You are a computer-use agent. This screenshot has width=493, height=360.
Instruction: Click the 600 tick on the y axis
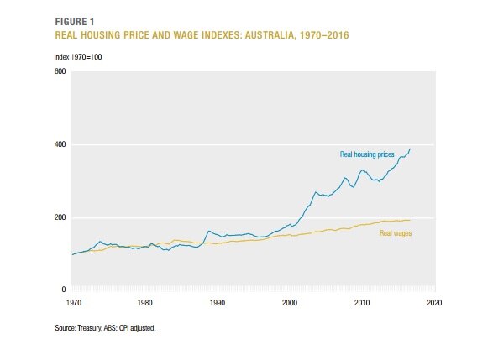pos(60,72)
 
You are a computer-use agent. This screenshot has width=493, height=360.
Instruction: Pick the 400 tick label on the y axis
pos(60,145)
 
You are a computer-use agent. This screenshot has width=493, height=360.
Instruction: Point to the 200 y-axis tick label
pos(60,218)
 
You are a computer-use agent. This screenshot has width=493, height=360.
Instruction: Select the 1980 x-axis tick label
pos(144,301)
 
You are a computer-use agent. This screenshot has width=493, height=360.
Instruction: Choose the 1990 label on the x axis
pos(217,301)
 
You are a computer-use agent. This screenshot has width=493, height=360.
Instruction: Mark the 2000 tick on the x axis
pos(290,301)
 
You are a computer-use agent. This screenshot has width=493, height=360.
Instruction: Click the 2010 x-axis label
pos(362,301)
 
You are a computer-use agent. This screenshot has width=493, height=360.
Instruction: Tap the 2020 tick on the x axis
pos(434,301)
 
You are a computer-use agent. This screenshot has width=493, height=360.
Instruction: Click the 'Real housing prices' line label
pos(366,154)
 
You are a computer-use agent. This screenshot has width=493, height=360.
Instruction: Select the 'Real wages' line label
pos(396,232)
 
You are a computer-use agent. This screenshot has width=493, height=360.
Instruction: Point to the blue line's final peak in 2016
pos(410,149)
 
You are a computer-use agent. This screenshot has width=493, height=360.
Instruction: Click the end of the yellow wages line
pos(410,220)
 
